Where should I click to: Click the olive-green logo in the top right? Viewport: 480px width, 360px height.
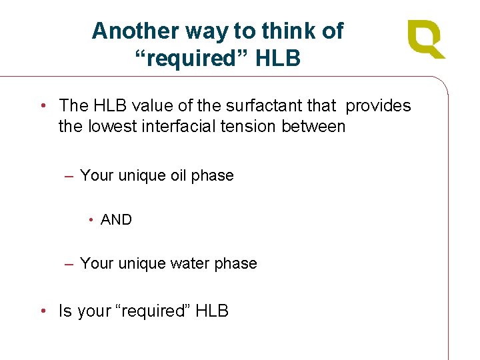(426, 39)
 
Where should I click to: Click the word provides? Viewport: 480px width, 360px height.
(378, 105)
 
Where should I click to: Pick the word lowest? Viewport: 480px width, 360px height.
(112, 126)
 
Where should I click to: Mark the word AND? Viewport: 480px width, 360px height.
(117, 219)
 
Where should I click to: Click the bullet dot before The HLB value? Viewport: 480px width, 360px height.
(42, 105)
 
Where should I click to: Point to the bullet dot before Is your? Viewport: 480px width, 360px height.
(42, 311)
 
